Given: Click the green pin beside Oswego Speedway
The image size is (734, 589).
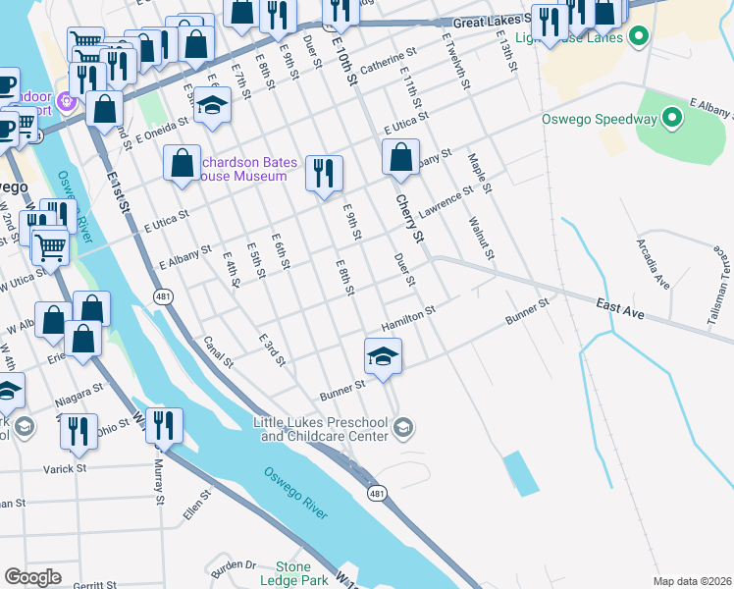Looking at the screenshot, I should (671, 120).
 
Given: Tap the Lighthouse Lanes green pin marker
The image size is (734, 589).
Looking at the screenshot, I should (638, 38).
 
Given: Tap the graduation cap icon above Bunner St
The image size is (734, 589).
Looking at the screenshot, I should (384, 355).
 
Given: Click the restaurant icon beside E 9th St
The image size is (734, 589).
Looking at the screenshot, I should (323, 174).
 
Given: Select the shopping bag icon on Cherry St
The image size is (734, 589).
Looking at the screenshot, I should (399, 157).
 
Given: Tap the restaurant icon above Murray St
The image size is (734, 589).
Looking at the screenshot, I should (164, 426).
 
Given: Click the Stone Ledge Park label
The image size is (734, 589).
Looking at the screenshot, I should (292, 573).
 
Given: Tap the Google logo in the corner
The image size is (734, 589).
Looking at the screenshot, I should (32, 577).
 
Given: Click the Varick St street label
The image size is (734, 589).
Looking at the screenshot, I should (66, 469).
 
